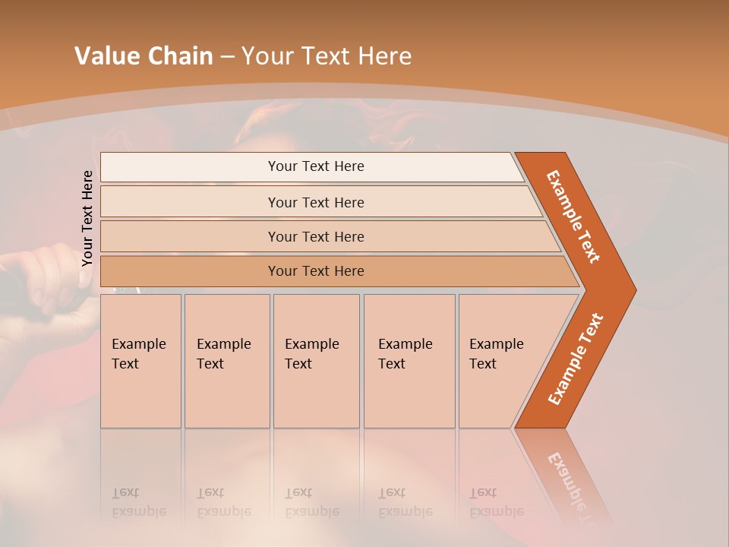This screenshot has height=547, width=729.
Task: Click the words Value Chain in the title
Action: [144, 56]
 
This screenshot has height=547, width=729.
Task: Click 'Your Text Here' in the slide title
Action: [327, 56]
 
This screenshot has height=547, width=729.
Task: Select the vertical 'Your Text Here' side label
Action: [87, 218]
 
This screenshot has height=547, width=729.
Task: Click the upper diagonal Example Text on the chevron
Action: [573, 216]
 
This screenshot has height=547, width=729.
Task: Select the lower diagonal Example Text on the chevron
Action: [575, 359]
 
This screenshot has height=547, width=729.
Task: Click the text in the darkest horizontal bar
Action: [316, 271]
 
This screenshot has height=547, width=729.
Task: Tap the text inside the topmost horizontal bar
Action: [316, 166]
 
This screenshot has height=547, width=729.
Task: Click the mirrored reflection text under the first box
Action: [138, 502]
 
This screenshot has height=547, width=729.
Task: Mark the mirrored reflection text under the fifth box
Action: [496, 502]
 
